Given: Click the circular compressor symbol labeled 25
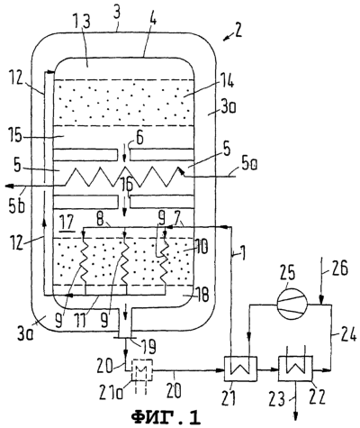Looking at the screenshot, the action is pos(292,305).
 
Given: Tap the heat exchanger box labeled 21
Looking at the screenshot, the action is pos(240,369).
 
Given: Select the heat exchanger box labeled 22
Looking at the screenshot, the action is pos(296,369).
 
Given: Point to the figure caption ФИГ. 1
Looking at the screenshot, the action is pos(166,416).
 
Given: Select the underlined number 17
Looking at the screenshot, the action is pos(67,224).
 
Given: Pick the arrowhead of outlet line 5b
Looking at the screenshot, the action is pos(9,187).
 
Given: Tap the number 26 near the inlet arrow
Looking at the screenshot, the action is pos(340,269).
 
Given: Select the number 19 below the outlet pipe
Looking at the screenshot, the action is pos(148,347).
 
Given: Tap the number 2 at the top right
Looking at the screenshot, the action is pos(238,32).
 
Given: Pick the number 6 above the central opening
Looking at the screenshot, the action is pos(139,139).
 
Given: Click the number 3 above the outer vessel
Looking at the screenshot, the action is pos(118,16).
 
